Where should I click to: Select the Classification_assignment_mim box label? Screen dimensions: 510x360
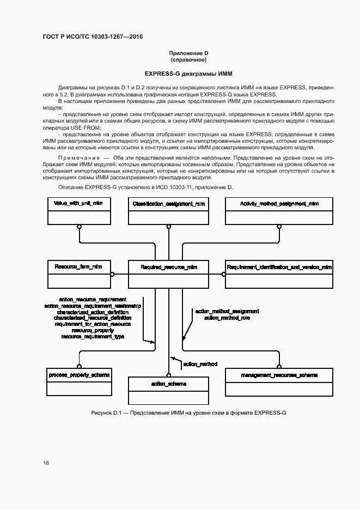tap(169, 204)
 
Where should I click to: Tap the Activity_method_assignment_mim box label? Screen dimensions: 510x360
tap(279, 203)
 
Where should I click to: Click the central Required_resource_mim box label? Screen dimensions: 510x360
tap(169, 268)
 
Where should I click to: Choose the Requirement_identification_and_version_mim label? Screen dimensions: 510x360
tap(279, 268)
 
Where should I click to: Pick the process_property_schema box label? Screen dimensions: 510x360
tap(79, 375)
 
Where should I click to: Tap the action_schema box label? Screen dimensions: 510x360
tap(169, 384)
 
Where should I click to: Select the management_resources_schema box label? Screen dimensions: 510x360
tap(279, 375)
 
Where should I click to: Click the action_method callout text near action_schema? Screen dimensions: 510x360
tap(200, 364)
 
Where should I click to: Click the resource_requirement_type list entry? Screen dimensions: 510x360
tap(93, 337)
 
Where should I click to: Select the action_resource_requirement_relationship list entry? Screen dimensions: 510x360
tap(93, 306)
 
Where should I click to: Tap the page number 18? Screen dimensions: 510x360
tap(46, 463)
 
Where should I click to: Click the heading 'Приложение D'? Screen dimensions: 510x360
tap(188, 53)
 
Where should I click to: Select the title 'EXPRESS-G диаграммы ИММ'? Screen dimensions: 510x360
tap(188, 73)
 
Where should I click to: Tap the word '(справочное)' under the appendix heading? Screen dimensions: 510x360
tap(188, 59)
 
